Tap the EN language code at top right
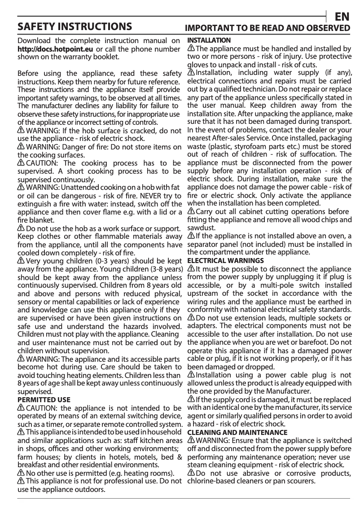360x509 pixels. tap(342, 17)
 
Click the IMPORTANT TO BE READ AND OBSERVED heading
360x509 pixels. tap(268, 28)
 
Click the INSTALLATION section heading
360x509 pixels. tap(209, 40)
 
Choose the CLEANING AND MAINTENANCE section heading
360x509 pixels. tap(237, 432)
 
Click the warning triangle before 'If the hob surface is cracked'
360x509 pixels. tap(21, 130)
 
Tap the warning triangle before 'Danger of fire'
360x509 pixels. tap(21, 147)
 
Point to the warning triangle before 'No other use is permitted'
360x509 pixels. tap(21, 473)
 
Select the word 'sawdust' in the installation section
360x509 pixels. tap(200, 228)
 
